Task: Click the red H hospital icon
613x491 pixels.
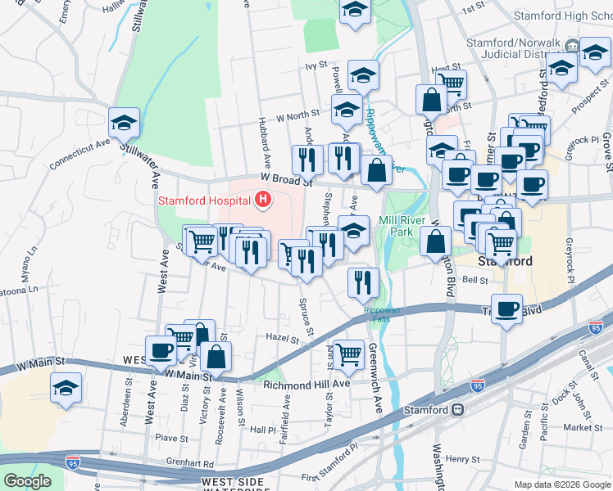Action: [x=263, y=199]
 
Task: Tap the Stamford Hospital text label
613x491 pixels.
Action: [x=205, y=200]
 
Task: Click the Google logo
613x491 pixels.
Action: [x=28, y=481]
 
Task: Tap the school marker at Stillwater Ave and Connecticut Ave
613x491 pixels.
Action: [x=124, y=124]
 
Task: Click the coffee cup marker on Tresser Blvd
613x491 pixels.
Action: [x=507, y=309]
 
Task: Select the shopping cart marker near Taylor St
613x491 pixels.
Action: [x=348, y=354]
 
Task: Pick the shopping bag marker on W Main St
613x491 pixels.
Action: [x=216, y=357]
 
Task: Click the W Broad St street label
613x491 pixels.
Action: [x=287, y=178]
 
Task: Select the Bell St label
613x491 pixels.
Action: [x=475, y=280]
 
